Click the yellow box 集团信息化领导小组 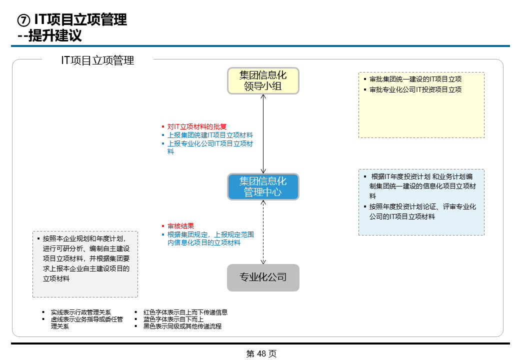tap(263, 81)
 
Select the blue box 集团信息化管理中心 tap(263, 186)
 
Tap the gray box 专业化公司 tap(263, 277)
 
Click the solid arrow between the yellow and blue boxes tap(263, 133)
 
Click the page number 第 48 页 tap(261, 353)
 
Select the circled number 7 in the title tap(23, 20)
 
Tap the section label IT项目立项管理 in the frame tap(97, 60)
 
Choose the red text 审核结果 tap(180, 226)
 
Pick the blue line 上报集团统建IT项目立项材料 tap(210, 135)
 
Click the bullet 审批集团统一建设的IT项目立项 tap(415, 79)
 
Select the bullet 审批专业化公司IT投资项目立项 tap(415, 89)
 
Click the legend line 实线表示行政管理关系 tap(80, 312)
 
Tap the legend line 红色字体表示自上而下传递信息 tap(185, 312)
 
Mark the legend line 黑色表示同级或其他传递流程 tap(182, 326)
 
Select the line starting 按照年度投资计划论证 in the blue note tap(422, 206)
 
